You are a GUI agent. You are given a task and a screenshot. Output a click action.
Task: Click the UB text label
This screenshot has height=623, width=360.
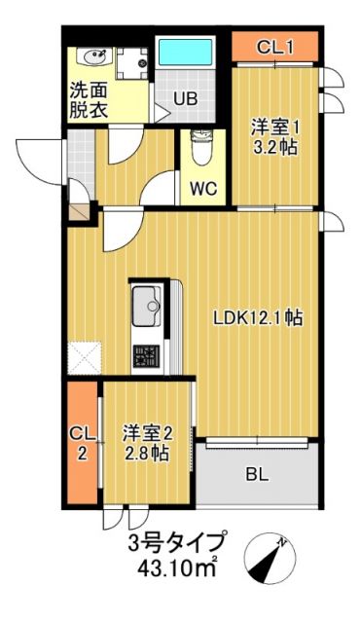pos(186,97)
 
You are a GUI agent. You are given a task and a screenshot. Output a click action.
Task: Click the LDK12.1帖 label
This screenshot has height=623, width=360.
pos(257,318)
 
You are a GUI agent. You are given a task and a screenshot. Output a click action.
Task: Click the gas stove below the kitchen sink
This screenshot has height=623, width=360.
pos(149,354)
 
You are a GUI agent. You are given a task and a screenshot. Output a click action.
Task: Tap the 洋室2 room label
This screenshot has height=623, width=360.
pos(145,431)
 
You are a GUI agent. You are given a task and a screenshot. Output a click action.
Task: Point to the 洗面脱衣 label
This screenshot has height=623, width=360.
pos(90,99)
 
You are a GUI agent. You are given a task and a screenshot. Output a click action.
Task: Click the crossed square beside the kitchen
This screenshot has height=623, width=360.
pos(84,357)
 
